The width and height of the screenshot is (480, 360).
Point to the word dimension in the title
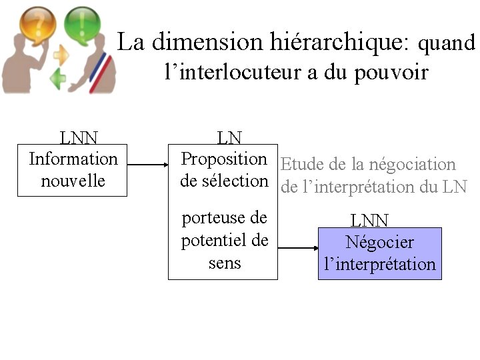point(202,42)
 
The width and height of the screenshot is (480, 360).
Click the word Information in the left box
point(73,159)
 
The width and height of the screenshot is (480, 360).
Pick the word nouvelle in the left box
point(73,181)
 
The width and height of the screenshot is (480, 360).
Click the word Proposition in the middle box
point(224,159)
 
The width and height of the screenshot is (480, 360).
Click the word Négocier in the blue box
point(379,243)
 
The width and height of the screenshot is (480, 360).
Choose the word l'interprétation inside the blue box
point(379,264)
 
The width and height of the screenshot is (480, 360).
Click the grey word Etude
point(302,165)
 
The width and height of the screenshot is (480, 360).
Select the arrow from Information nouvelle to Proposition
point(147,162)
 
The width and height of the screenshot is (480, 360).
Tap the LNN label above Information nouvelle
point(79,138)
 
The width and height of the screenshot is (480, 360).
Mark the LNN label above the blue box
point(370,221)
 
